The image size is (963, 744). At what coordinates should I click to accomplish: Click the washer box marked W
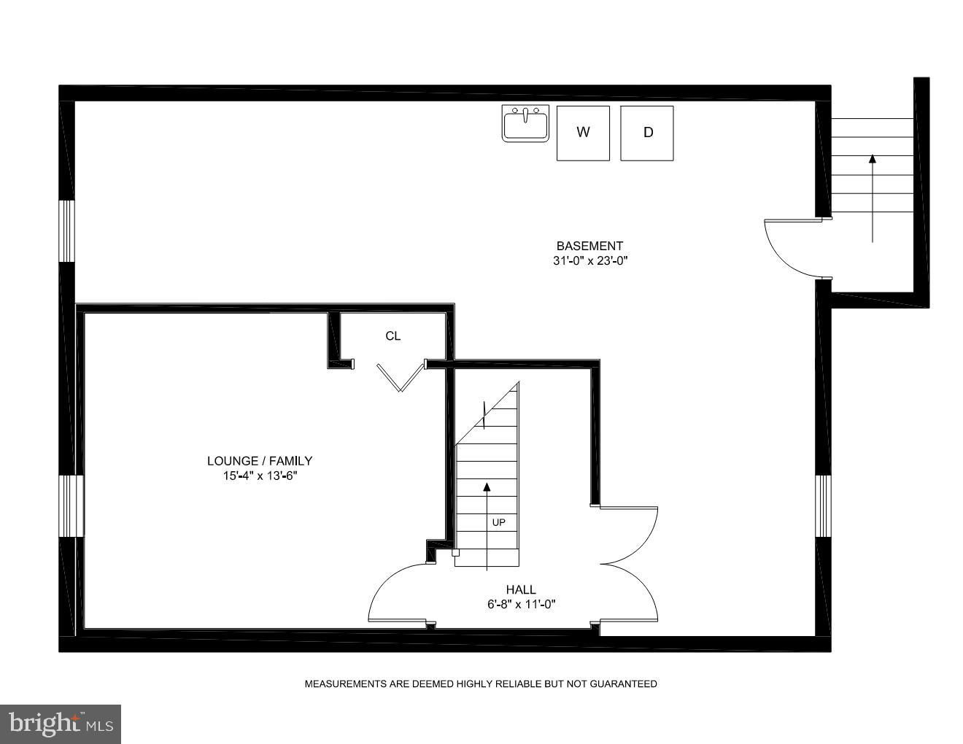[x=583, y=133]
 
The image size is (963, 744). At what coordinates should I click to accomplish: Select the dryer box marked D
[x=647, y=133]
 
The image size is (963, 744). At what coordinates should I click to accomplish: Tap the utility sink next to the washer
[x=525, y=123]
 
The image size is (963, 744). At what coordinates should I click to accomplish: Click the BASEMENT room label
[x=589, y=246]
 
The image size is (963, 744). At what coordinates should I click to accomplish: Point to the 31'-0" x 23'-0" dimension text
[x=589, y=261]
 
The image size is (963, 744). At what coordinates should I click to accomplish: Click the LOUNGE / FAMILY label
[x=260, y=460]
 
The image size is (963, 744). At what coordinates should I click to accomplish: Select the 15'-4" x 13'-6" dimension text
[x=260, y=476]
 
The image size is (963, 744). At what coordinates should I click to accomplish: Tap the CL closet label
[x=392, y=336]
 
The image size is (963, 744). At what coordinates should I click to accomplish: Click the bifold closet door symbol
[x=400, y=376]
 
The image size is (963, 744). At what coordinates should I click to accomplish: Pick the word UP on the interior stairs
[x=498, y=522]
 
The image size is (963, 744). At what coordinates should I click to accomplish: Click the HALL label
[x=521, y=589]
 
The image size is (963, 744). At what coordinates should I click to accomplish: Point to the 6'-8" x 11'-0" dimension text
[x=521, y=604]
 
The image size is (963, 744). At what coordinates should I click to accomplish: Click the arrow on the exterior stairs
[x=872, y=197]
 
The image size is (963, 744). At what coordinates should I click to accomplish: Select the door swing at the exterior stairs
[x=792, y=248]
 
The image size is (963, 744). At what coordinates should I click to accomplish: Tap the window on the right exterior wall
[x=823, y=505]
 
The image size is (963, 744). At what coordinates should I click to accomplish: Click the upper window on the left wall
[x=66, y=230]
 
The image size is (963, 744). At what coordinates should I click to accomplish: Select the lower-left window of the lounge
[x=71, y=505]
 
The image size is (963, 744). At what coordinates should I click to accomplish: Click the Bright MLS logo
[x=61, y=724]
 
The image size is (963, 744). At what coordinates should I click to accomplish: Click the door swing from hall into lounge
[x=398, y=594]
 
